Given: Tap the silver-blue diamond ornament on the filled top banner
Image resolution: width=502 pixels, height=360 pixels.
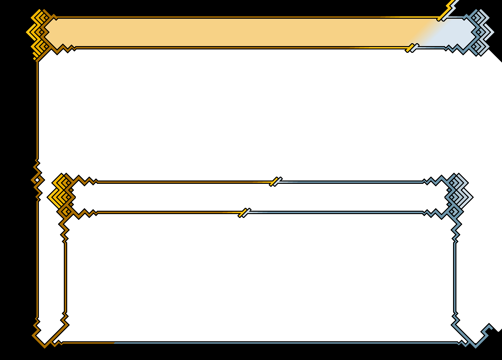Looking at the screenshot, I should (481, 32).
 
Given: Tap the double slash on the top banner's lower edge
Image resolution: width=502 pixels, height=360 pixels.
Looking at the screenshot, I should (412, 48).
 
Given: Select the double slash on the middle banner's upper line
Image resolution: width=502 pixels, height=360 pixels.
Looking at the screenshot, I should (275, 181).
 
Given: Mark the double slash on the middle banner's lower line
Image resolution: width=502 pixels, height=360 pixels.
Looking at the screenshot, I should (244, 213).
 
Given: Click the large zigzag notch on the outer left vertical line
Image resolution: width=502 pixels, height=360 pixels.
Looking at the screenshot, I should (37, 180).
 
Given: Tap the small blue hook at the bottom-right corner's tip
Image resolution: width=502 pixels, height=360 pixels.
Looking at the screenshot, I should (488, 328).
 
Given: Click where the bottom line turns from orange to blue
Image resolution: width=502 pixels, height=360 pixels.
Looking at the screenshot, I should (114, 343).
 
